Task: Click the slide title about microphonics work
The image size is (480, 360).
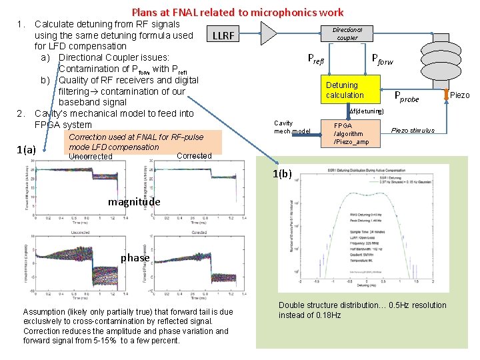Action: point(237,12)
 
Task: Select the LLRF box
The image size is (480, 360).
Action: point(223,35)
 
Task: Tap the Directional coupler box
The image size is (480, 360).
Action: point(347,34)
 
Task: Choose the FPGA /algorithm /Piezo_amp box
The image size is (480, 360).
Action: point(351,133)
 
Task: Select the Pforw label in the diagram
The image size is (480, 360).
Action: point(382,61)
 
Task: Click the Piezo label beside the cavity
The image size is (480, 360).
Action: point(460,95)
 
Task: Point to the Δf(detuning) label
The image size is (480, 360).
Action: point(366,111)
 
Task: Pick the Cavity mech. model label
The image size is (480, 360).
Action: point(292,127)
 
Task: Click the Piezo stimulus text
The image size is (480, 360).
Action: point(413,130)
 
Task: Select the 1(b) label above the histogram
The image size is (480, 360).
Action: point(281,174)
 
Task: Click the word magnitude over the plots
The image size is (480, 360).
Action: point(134,201)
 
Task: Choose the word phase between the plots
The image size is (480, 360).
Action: point(135,257)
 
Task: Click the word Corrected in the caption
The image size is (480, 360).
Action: point(195,156)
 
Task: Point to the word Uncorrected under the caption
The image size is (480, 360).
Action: point(90,157)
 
